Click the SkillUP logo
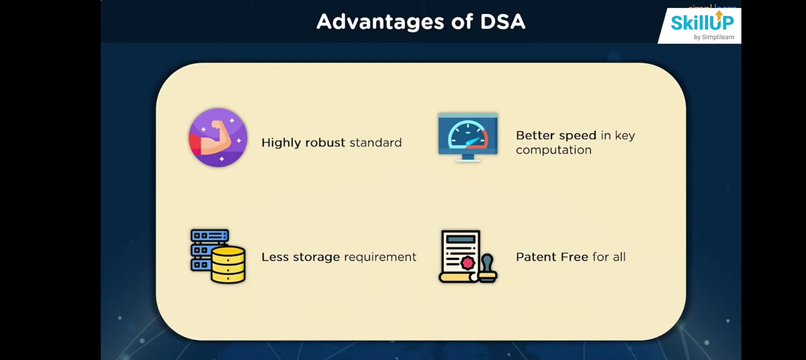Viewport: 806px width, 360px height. point(702,21)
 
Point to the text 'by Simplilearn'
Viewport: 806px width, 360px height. point(716,37)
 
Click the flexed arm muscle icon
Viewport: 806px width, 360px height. point(218,137)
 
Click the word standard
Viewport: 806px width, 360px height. point(375,142)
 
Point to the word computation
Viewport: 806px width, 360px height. point(553,150)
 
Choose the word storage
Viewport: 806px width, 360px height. point(316,257)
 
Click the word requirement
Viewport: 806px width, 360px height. point(381,257)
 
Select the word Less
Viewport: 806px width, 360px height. point(274,257)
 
